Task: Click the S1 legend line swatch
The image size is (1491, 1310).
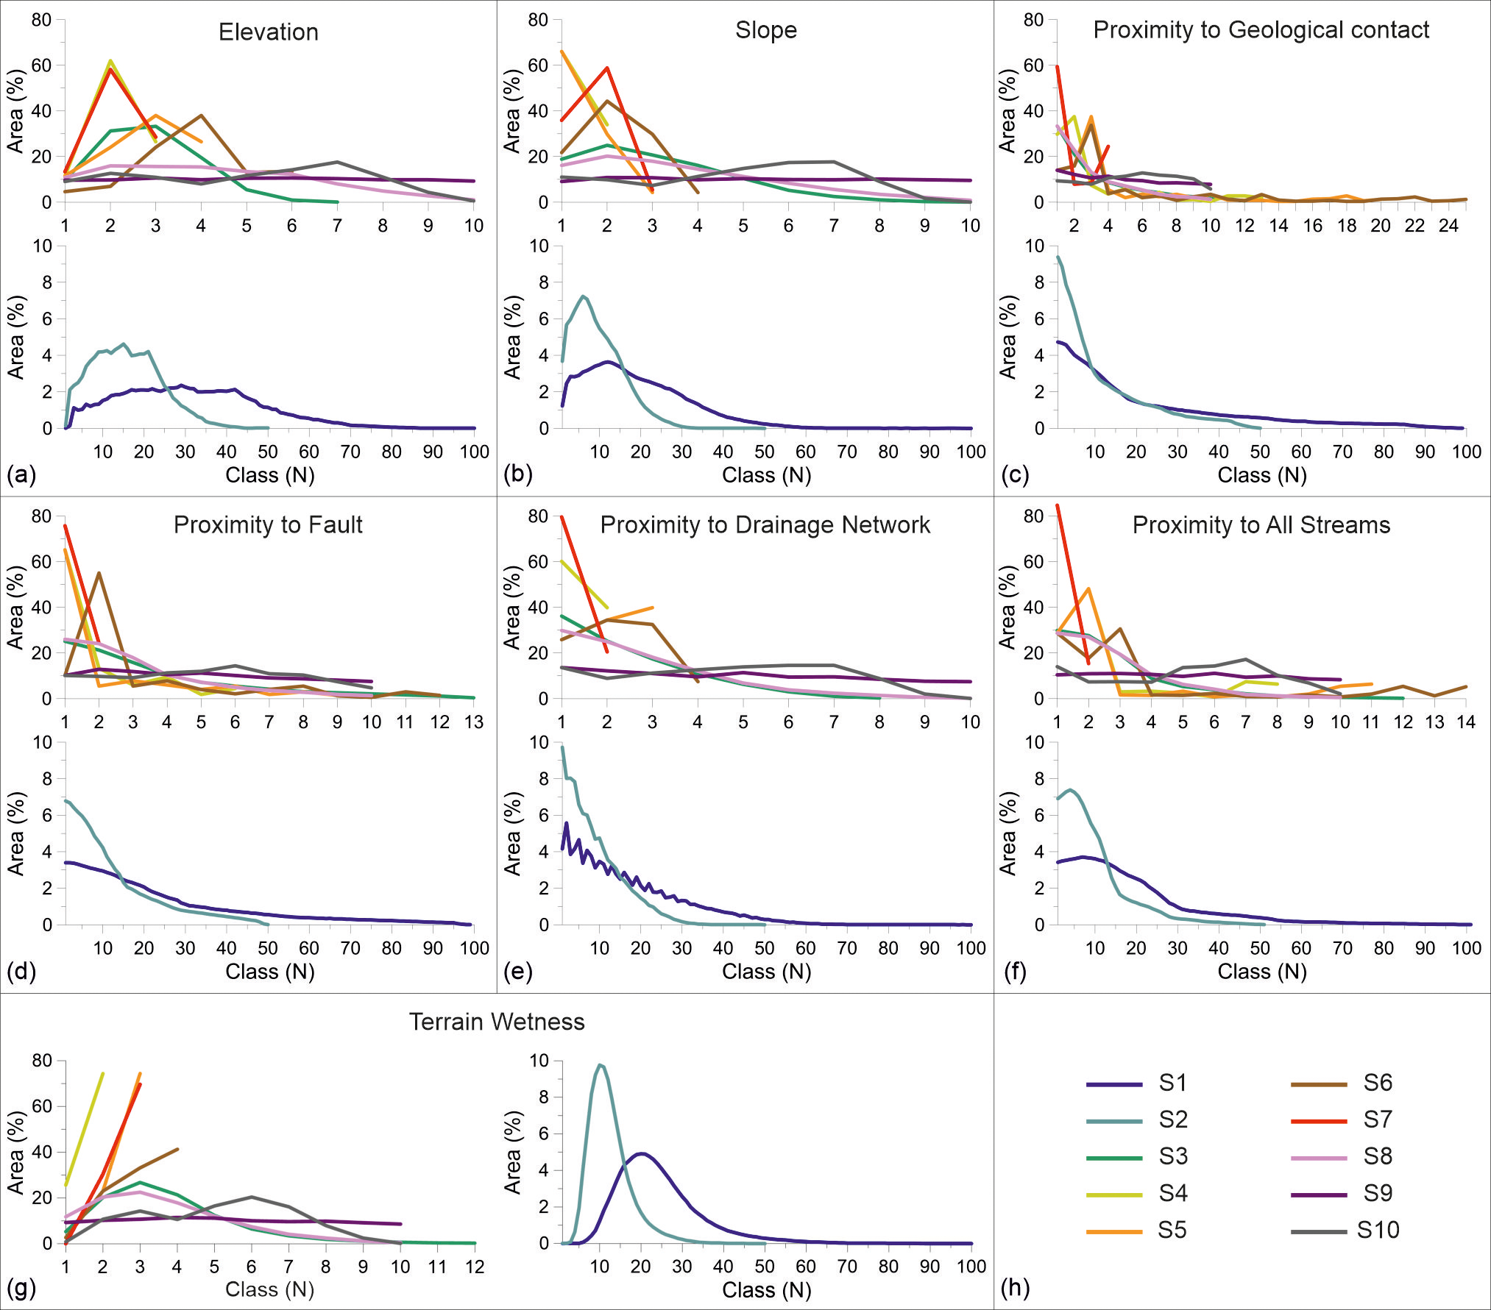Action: (1114, 1084)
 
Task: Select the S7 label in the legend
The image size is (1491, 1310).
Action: (1377, 1119)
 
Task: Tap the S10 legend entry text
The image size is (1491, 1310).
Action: (1377, 1230)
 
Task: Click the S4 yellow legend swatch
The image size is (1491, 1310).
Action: (1114, 1195)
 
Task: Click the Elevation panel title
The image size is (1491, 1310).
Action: (269, 32)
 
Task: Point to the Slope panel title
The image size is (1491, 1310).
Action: (765, 30)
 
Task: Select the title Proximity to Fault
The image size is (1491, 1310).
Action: (268, 524)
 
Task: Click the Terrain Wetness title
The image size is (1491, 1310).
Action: (497, 1022)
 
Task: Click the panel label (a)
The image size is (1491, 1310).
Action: (21, 474)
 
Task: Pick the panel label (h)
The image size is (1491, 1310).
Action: (1015, 1287)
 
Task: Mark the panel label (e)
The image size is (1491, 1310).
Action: (517, 971)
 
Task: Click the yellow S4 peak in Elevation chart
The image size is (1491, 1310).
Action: (110, 61)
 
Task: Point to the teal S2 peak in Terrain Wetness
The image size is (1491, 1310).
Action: (600, 1064)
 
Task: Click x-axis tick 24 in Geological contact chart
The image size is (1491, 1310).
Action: (1448, 226)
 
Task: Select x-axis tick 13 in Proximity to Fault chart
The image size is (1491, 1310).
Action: (473, 722)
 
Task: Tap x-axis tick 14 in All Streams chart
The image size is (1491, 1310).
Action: (1466, 722)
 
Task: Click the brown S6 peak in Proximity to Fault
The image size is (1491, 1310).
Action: (99, 573)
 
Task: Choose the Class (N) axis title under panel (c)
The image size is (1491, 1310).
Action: (1261, 475)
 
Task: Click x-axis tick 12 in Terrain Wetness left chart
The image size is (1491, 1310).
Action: (475, 1267)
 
